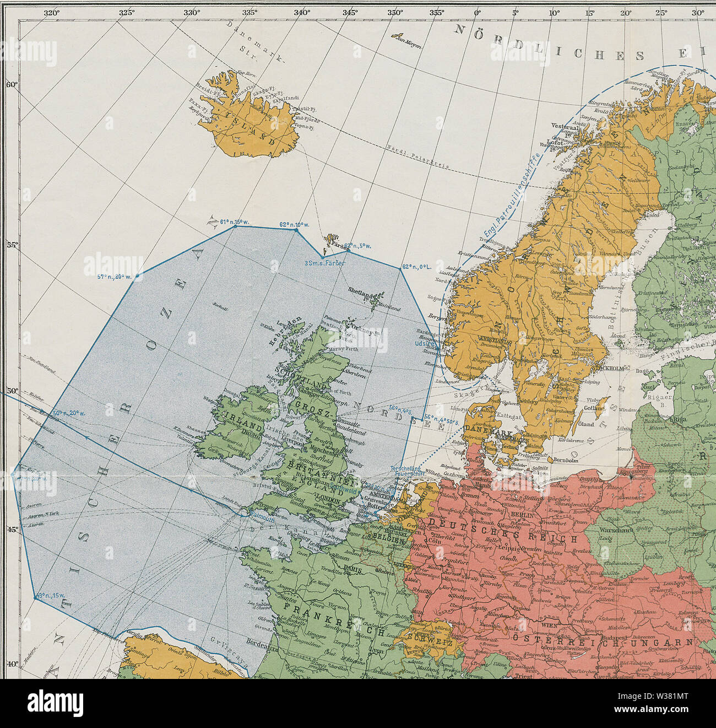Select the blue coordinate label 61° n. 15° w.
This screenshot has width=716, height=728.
pyautogui.click(x=235, y=222)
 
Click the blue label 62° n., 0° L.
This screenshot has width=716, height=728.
pyautogui.click(x=416, y=267)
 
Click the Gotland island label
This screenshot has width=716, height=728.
pyautogui.click(x=596, y=408)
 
